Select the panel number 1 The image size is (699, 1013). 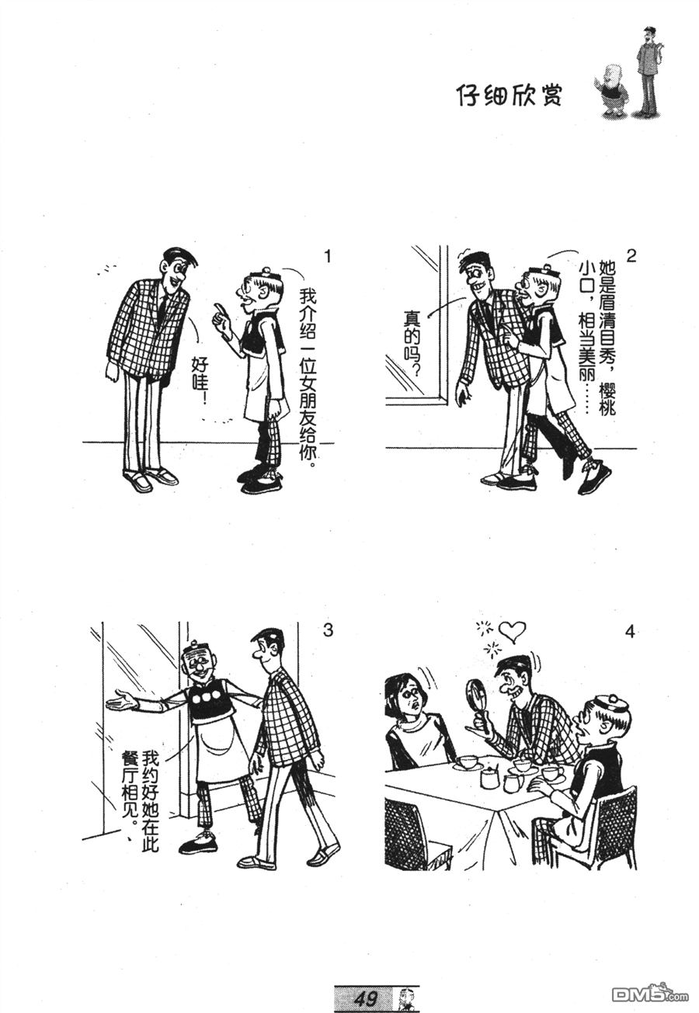click(328, 258)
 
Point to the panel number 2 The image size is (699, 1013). click(631, 256)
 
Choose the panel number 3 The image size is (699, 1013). click(327, 630)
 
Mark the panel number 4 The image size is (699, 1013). click(630, 632)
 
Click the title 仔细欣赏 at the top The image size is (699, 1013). click(509, 95)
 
